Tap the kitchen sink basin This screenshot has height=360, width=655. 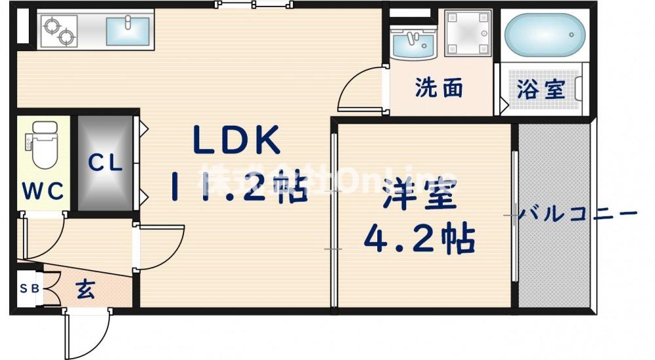point(127,30)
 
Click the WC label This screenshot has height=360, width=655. point(43,190)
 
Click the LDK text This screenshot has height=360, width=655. point(236,139)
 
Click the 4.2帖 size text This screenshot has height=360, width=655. point(420,241)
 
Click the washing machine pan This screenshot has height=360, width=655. point(468,33)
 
